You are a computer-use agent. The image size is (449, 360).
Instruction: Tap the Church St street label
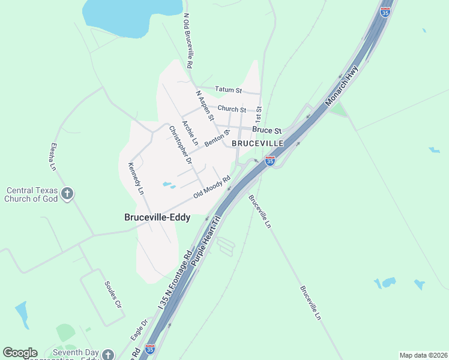(x=232, y=109)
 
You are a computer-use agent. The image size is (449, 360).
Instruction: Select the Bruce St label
(x=267, y=130)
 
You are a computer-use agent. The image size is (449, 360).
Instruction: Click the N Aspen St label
(x=205, y=106)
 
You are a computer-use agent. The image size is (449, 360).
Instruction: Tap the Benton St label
(x=217, y=139)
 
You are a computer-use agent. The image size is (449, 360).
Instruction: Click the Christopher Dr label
(x=180, y=145)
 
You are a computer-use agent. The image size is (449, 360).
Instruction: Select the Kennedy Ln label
(x=136, y=178)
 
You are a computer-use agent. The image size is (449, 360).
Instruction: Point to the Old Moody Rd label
(x=212, y=187)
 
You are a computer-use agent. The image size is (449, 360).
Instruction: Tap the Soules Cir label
(x=112, y=294)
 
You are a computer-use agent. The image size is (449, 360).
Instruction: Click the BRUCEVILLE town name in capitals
(x=258, y=144)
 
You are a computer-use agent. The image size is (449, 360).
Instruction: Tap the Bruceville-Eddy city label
(x=157, y=217)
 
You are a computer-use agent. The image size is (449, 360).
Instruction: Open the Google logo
(x=20, y=353)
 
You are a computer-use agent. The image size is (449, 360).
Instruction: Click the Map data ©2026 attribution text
(x=423, y=355)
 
